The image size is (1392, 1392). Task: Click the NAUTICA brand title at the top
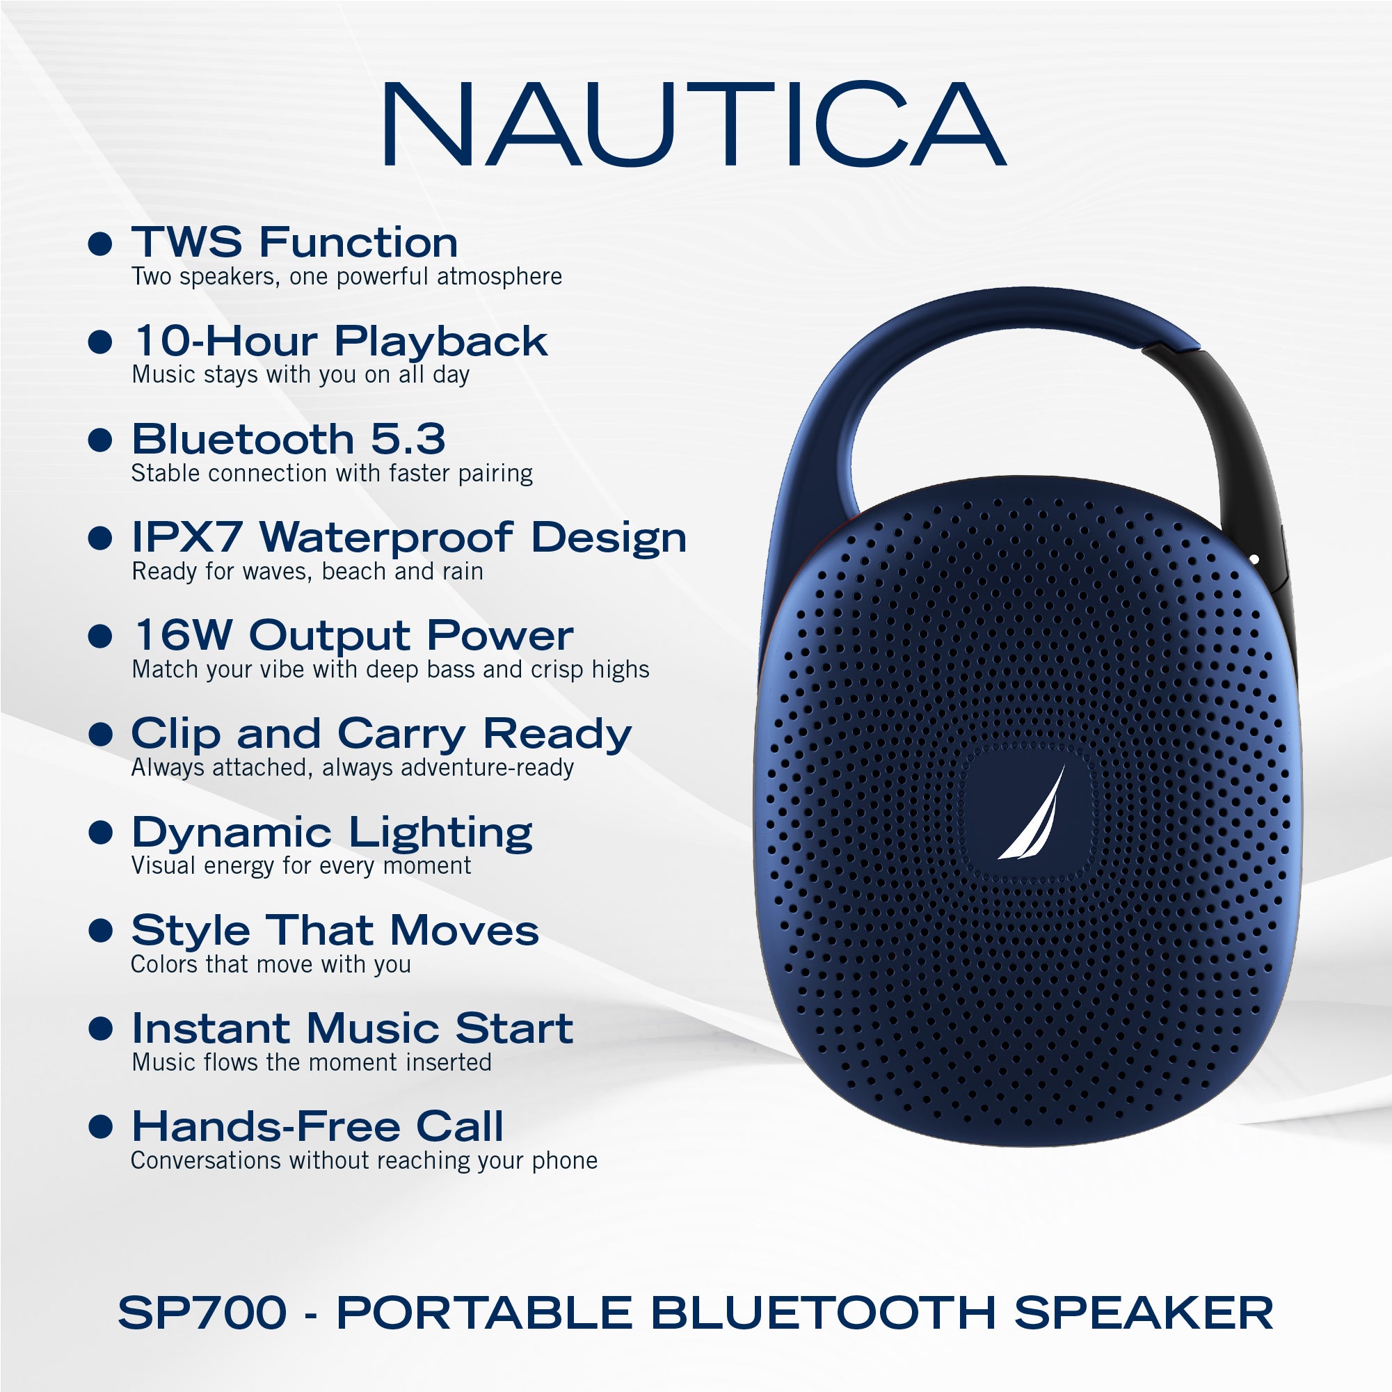coord(693,124)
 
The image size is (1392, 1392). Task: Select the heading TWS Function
coord(294,242)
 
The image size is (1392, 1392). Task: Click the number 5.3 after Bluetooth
coord(408,439)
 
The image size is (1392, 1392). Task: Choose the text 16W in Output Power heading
coord(184,636)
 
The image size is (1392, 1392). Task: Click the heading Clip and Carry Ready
coord(381,734)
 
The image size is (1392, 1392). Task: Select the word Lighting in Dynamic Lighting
coord(440,833)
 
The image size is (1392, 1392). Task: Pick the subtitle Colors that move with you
coord(271,964)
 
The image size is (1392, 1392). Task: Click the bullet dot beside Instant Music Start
coord(100,1029)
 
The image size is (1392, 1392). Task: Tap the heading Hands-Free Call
coord(317,1126)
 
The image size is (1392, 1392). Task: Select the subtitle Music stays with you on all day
coord(301,375)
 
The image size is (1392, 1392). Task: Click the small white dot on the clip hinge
coord(1254,559)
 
